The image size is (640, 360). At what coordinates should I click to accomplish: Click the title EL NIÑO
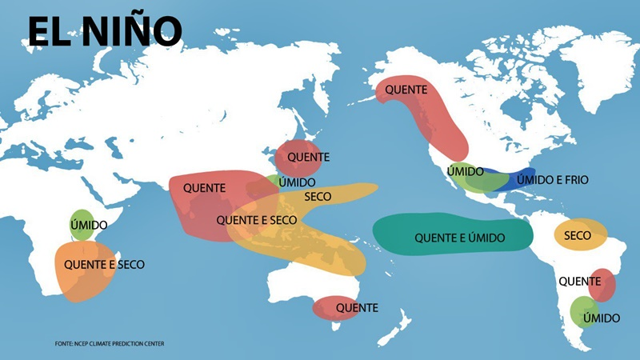tap(105, 31)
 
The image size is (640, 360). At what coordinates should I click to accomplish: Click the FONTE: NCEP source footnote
tap(110, 343)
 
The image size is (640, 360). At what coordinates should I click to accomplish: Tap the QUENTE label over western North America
tap(406, 90)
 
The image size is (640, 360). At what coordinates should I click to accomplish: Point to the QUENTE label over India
tap(204, 188)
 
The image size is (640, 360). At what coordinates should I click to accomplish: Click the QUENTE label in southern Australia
tap(357, 307)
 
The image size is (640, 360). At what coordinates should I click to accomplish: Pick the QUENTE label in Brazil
tap(580, 281)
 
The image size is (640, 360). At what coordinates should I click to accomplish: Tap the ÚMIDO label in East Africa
tap(89, 226)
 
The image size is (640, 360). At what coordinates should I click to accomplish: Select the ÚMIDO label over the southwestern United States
tap(465, 172)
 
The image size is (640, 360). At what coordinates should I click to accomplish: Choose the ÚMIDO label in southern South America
tap(601, 318)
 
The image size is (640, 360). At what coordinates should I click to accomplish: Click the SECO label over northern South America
tap(578, 236)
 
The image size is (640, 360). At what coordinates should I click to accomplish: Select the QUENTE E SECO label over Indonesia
tap(257, 220)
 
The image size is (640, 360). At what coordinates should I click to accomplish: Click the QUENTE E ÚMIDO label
tap(453, 237)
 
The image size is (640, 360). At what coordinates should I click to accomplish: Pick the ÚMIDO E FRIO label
tap(552, 180)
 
